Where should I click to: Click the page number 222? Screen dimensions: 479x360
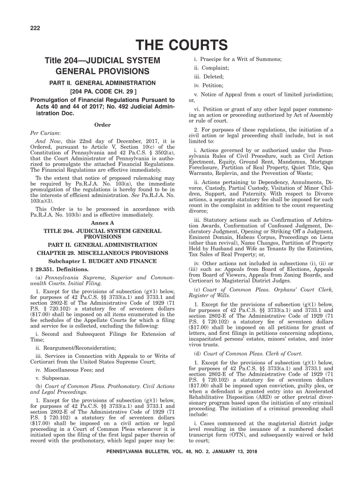pos(34,29)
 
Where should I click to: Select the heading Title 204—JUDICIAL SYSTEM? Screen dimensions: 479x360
pos(102,61)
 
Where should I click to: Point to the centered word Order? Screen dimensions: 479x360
pos(102,125)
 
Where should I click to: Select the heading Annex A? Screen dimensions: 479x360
pos(102,223)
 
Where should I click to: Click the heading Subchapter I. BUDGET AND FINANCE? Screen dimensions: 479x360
pos(102,261)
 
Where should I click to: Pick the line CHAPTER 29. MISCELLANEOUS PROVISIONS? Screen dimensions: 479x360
pos(102,253)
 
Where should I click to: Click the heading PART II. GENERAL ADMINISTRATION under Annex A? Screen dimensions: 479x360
pos(102,245)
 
